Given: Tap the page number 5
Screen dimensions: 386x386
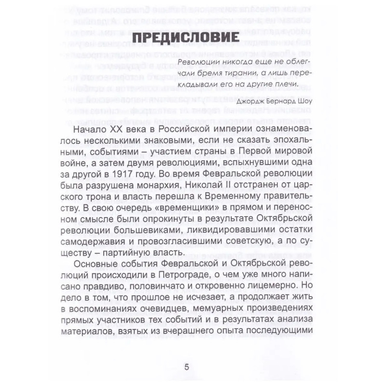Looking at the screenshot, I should point(187,367).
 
